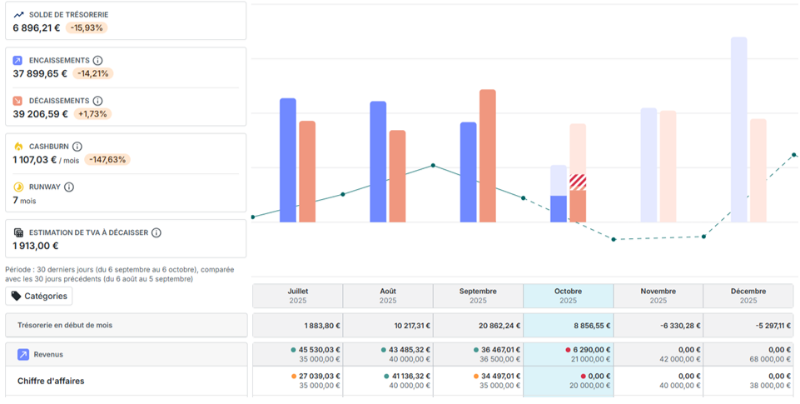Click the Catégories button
tap(39, 297)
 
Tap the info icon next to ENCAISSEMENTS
tap(97, 60)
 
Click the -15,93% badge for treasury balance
tap(87, 27)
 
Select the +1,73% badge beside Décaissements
tap(92, 114)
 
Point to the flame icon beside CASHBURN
tap(18, 147)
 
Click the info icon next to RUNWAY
tap(69, 187)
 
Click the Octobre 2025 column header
tap(568, 296)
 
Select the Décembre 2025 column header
tap(748, 296)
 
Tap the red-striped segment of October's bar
tap(578, 182)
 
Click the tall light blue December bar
tap(738, 130)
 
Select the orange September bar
tap(487, 156)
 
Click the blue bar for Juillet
tap(288, 161)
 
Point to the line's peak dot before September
tap(433, 166)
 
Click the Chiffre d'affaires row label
tap(51, 381)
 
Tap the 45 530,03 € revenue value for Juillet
tap(319, 350)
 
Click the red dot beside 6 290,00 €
tap(568, 350)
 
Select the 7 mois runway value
tap(24, 200)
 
